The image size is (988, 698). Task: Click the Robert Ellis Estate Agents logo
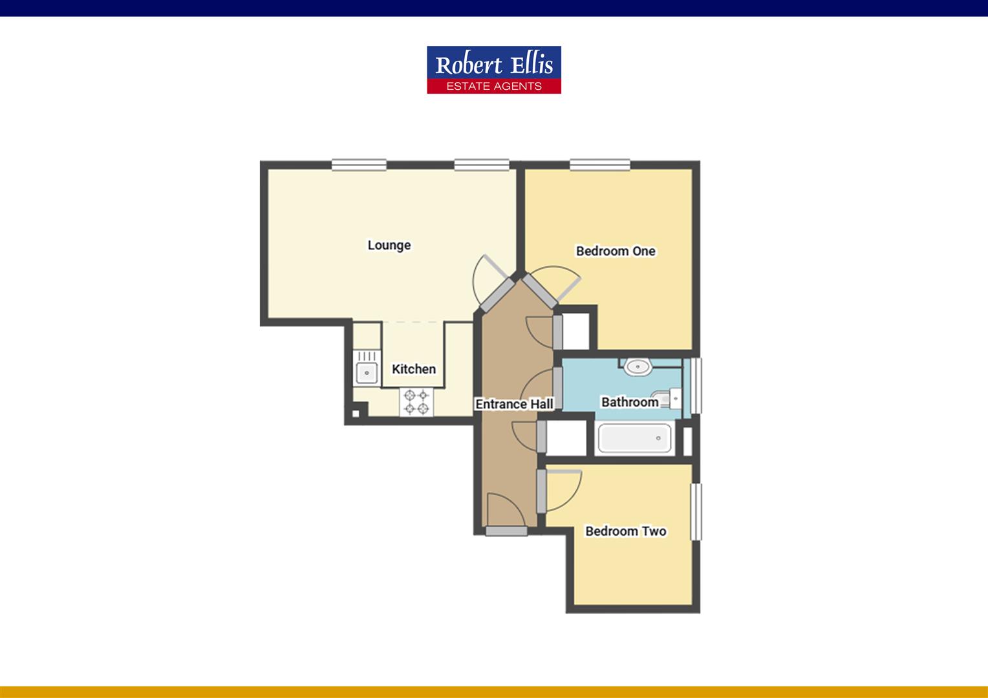point(494,70)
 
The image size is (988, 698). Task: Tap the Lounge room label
point(389,245)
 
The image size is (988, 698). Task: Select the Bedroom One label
point(616,251)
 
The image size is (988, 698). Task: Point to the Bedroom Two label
point(625,531)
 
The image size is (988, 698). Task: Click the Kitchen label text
point(414,369)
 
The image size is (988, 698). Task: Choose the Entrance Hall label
point(514,404)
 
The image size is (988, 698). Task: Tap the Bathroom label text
point(630,402)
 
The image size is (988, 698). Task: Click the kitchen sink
point(366,372)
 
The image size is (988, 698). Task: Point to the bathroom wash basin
point(638,367)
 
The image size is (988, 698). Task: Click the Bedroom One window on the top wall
point(600,165)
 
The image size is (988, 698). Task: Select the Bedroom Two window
point(696,512)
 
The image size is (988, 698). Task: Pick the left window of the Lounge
point(359,165)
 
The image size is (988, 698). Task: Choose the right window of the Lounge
point(481,165)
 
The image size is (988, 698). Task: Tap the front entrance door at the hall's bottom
point(506,531)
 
